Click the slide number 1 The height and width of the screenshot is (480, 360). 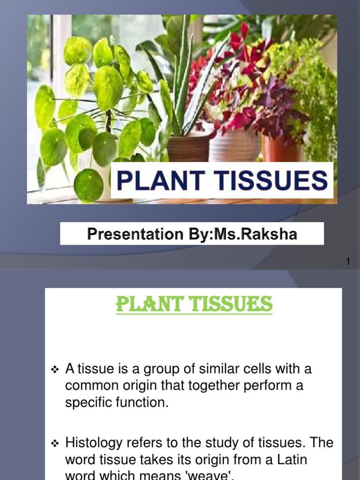pyautogui.click(x=348, y=262)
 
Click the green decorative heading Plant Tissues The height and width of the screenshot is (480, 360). pyautogui.click(x=194, y=304)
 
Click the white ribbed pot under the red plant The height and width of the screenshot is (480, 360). pyautogui.click(x=234, y=145)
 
